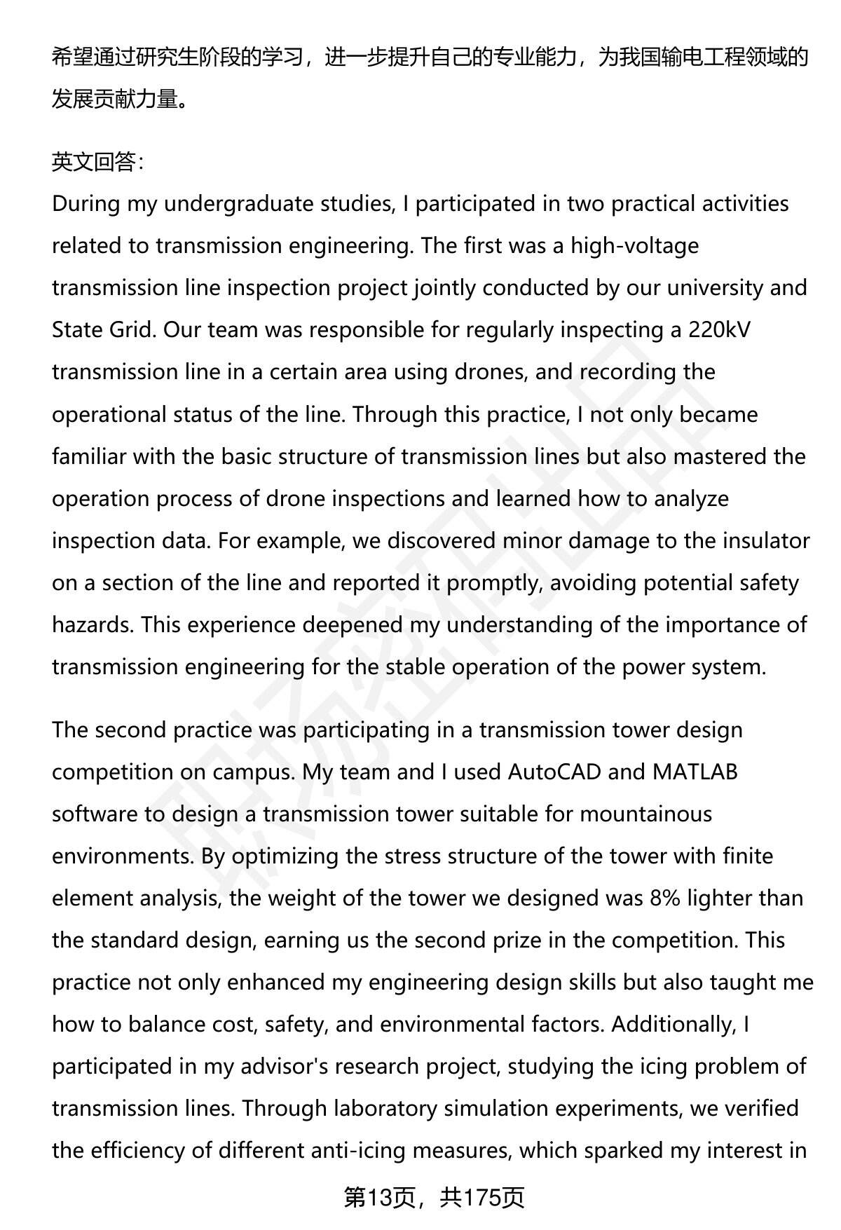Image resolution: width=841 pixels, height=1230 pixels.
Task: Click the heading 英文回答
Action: pyautogui.click(x=97, y=162)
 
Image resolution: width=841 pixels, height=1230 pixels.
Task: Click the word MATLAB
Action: pyautogui.click(x=695, y=772)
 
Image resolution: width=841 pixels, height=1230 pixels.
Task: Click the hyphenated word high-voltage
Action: pyautogui.click(x=634, y=246)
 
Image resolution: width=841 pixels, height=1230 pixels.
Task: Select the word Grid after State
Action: pyautogui.click(x=130, y=329)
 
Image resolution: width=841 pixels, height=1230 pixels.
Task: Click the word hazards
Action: pyautogui.click(x=92, y=624)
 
